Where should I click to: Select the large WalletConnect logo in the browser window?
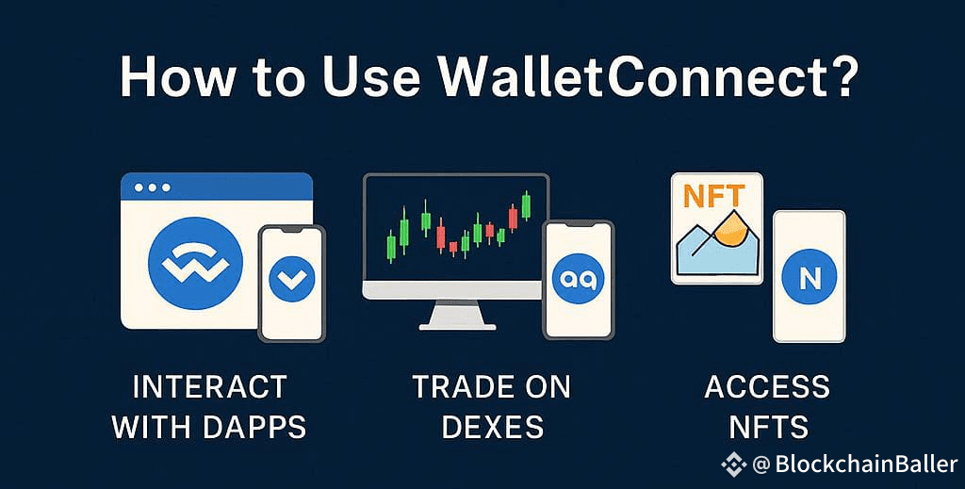pos(195,263)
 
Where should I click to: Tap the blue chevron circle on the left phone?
pos(292,279)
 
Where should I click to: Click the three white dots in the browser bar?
pos(154,187)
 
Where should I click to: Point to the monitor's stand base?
pos(457,326)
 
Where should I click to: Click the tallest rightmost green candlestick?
pos(526,205)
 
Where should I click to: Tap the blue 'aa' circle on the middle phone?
pos(579,279)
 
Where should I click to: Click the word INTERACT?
pos(209,387)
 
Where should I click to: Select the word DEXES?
pos(492,427)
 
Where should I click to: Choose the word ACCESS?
pos(767,387)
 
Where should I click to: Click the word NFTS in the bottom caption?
pos(768,427)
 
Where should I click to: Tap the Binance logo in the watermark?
pos(733,465)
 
